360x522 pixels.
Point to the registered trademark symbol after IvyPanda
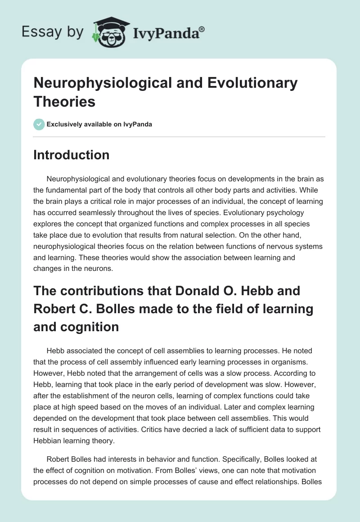pos(202,28)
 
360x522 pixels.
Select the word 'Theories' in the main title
pos(64,101)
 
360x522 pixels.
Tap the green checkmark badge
pos(39,124)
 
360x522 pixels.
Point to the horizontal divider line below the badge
pos(180,136)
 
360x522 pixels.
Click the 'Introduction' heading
pos(71,155)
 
